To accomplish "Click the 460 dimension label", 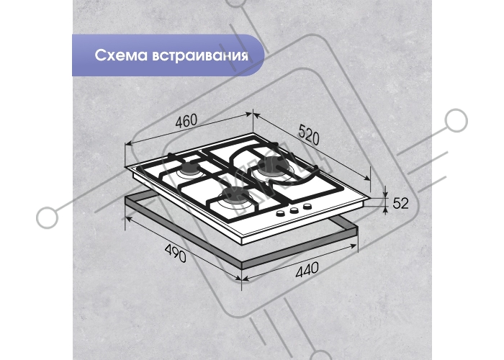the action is click(x=186, y=121).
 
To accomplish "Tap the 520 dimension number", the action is click(x=309, y=135).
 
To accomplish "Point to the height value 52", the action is click(x=400, y=203).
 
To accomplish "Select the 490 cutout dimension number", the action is click(x=175, y=253).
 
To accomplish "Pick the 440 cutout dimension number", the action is click(x=307, y=270).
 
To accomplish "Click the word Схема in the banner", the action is click(x=120, y=55).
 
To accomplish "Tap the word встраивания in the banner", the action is click(x=199, y=55).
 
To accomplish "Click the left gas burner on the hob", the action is click(x=192, y=169).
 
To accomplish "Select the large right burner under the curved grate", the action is click(x=273, y=169).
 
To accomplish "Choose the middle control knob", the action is click(x=294, y=210).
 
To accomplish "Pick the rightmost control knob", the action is click(x=307, y=207).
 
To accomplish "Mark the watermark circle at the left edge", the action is click(x=48, y=217).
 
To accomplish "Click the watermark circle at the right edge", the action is click(x=456, y=120).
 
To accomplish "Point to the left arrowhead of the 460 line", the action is click(x=128, y=144).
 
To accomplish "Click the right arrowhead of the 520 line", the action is click(x=367, y=178).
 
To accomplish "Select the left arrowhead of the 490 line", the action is click(x=129, y=220).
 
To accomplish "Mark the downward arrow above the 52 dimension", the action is click(x=385, y=192).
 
